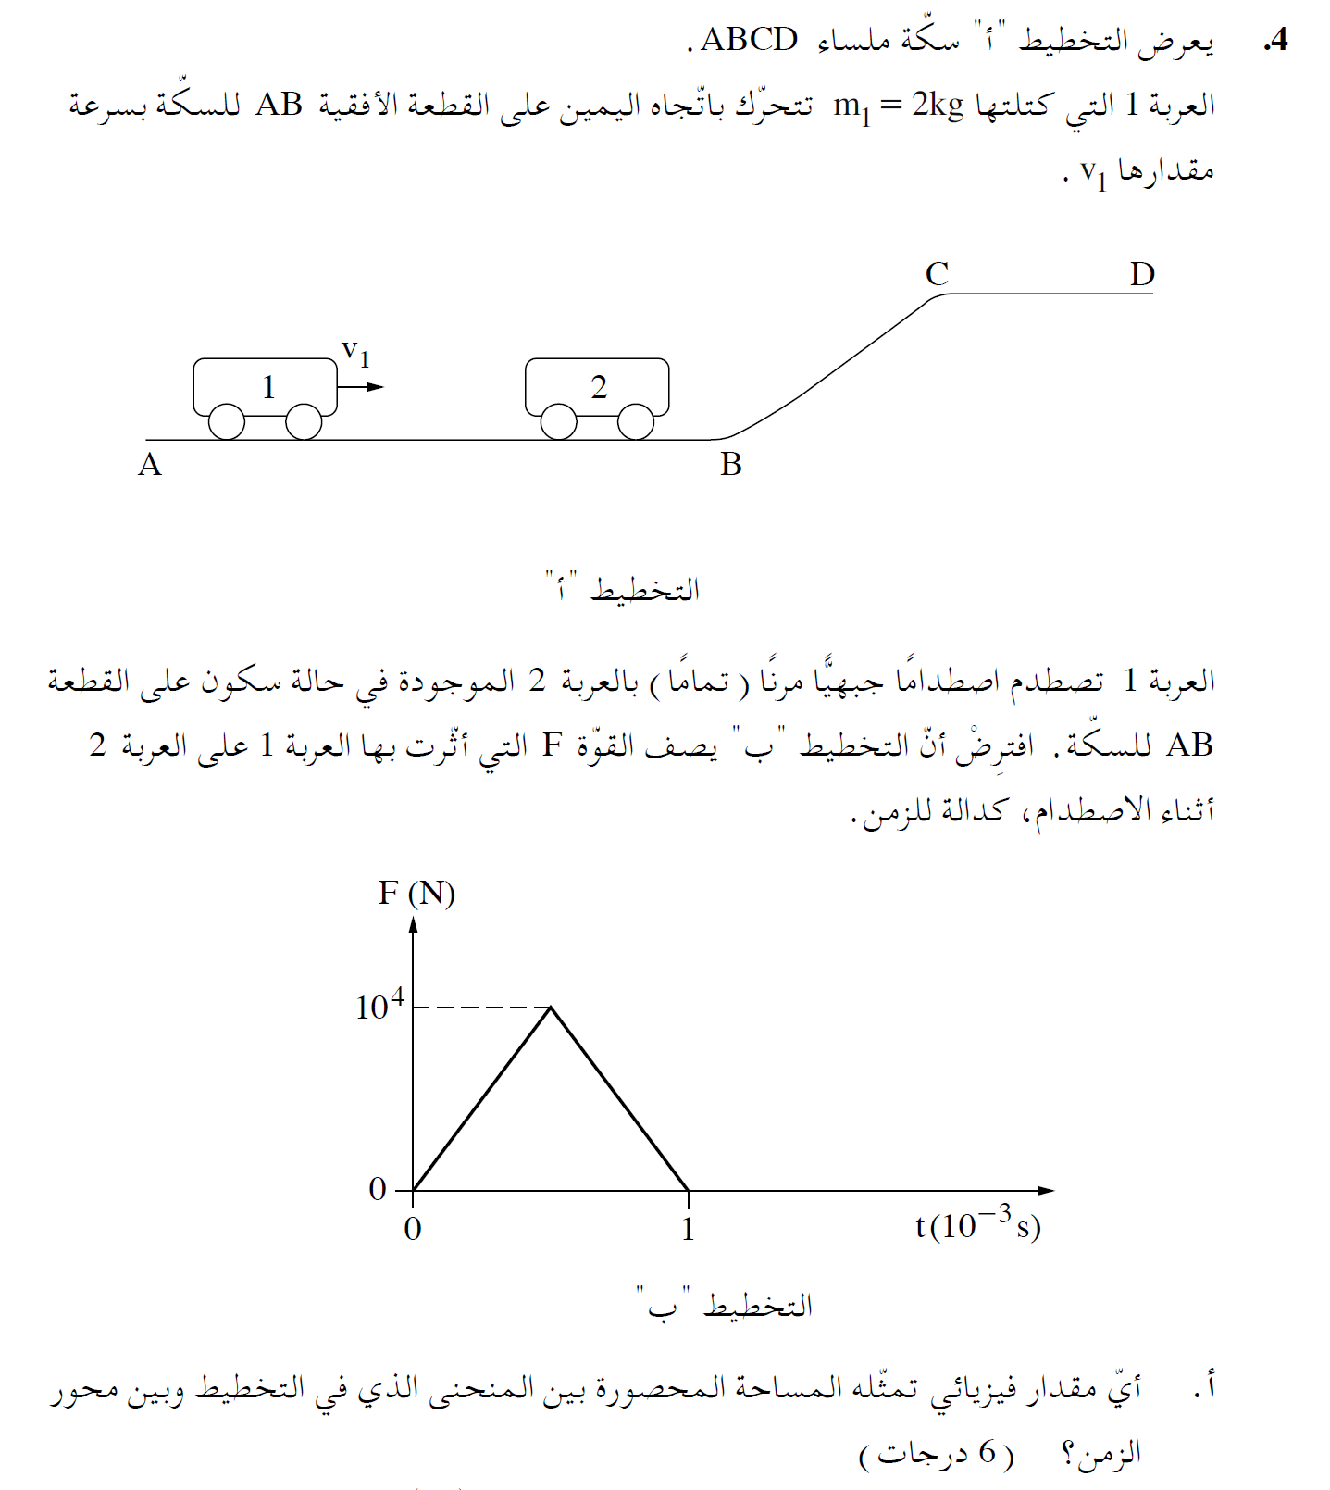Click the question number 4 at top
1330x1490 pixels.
coord(1276,40)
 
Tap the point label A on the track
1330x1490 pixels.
coord(150,464)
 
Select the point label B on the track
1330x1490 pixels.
coord(731,464)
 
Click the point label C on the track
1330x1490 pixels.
coord(937,274)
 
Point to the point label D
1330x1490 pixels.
coord(1142,274)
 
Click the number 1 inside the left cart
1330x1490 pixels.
coord(268,386)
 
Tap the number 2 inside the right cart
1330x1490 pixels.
coord(599,386)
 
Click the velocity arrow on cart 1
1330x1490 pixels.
coord(362,386)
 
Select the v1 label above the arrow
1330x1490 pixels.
coord(355,352)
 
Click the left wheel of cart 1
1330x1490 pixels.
coord(227,421)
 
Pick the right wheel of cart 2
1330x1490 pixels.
coord(635,421)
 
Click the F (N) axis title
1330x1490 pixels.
coord(416,894)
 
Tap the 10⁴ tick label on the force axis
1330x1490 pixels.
coord(379,1006)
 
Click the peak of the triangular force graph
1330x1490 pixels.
coord(551,1008)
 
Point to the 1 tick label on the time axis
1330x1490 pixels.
coord(688,1230)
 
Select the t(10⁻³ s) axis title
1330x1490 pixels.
coord(977,1224)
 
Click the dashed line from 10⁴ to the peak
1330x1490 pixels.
coord(481,1008)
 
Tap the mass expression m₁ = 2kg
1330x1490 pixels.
coord(898,106)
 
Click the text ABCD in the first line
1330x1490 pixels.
coord(749,40)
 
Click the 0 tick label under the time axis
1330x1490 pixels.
coord(413,1230)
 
